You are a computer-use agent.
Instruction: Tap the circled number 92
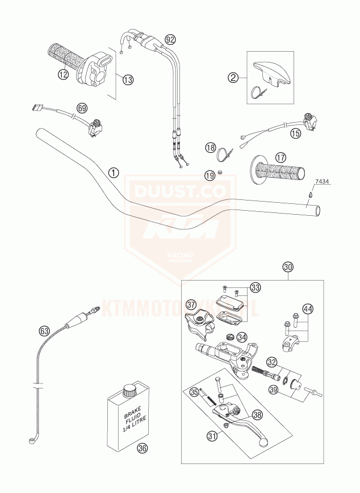(169, 39)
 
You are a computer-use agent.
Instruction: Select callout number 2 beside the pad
(233, 77)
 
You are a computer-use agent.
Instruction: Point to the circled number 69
(82, 107)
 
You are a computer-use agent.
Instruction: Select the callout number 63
(44, 330)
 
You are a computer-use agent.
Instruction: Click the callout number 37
(191, 305)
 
